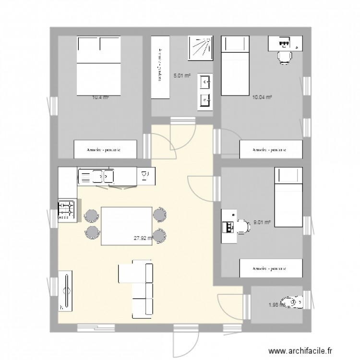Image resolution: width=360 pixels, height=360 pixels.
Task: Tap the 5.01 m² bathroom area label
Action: pos(182,75)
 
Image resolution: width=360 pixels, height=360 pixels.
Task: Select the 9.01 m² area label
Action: pos(262,222)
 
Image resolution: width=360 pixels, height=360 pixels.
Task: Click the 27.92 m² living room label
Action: pos(143,237)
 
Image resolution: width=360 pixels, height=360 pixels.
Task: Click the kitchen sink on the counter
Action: pos(96,177)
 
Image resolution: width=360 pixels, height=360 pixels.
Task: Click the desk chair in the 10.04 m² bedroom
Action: pos(284,57)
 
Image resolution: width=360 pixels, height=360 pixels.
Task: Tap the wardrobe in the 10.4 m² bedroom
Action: pos(104,149)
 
